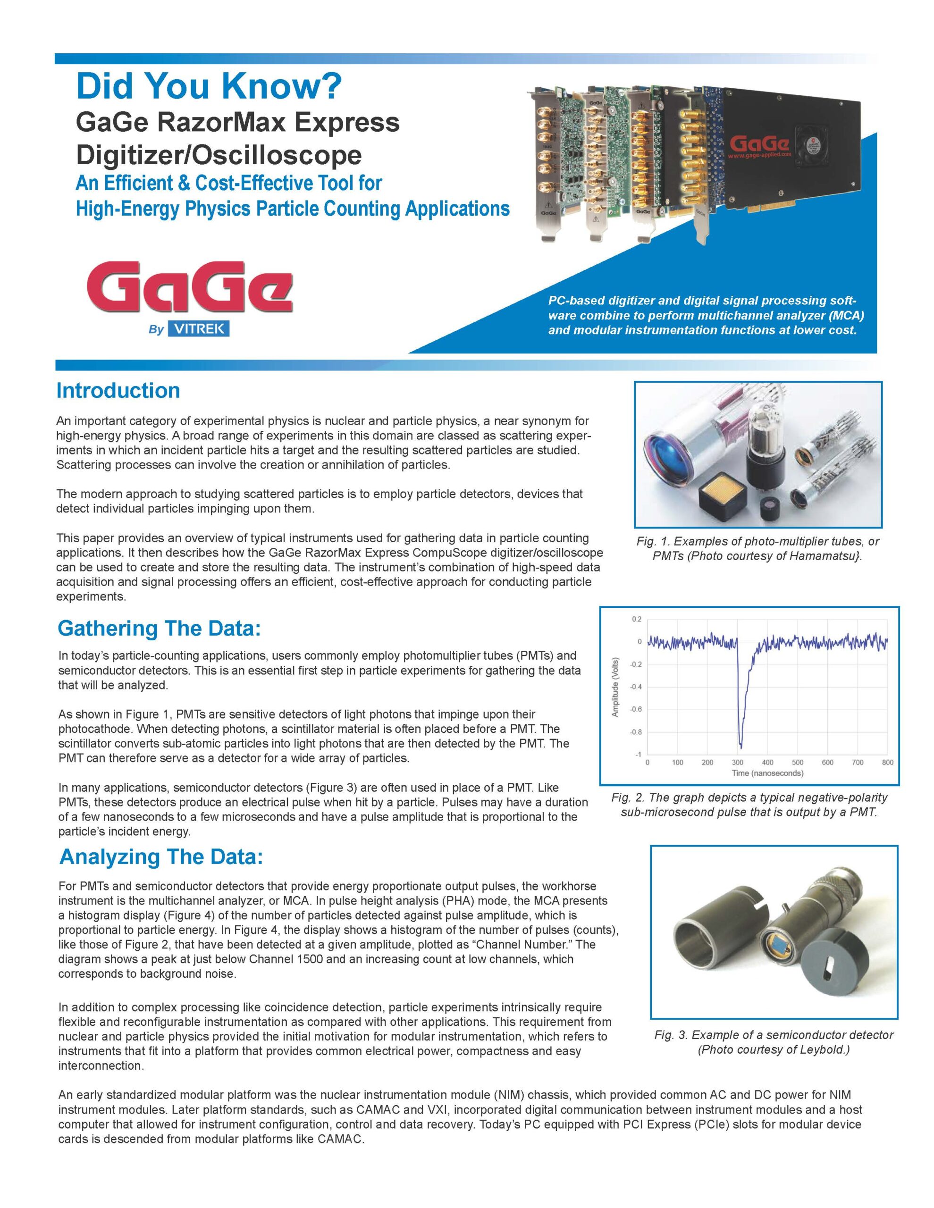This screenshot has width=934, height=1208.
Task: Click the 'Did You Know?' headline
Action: (209, 87)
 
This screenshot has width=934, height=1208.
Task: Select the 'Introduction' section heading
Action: (118, 391)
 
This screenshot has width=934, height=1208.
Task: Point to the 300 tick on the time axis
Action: (738, 763)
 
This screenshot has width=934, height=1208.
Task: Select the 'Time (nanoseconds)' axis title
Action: (767, 773)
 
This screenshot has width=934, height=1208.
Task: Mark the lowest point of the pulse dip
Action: (741, 747)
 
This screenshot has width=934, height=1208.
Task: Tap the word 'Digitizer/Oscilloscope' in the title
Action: (219, 154)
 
